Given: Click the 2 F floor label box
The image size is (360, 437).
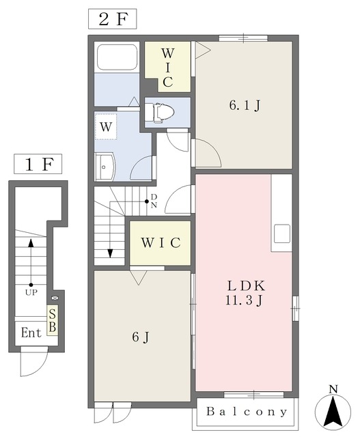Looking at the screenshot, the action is coord(113,19).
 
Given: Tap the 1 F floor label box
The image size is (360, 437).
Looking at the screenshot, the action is coord(38,165).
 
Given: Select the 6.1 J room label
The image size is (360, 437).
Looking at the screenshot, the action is coord(245,105).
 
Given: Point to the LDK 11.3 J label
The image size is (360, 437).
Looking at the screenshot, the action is coord(245,293).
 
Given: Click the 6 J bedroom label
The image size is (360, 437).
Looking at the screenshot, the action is coord(141,337).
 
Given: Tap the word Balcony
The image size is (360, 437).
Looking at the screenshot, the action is coord(247,411).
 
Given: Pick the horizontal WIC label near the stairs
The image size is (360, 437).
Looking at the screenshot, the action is coord(161,243).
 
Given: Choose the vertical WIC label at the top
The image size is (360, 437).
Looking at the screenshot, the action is coord(167,68).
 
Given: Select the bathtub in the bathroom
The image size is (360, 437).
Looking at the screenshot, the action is coord(117,57).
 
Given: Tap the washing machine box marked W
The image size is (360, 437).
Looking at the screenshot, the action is coord(106,126).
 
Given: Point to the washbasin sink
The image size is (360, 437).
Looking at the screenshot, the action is coord(105,167).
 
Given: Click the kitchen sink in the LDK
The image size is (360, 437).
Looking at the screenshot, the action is coord(281,234).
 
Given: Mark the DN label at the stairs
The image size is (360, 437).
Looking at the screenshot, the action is coord(154,201).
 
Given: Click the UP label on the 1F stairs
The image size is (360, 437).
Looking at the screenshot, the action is coord(31,292).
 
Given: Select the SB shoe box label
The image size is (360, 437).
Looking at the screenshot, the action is coord(53,320).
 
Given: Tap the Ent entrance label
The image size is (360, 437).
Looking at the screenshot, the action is coord(31,333).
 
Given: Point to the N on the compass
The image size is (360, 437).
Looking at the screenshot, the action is coord(333,389).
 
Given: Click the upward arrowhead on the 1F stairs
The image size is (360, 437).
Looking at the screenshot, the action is coord(31,243).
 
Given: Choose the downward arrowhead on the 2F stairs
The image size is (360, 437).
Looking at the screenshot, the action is coord(110,253).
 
